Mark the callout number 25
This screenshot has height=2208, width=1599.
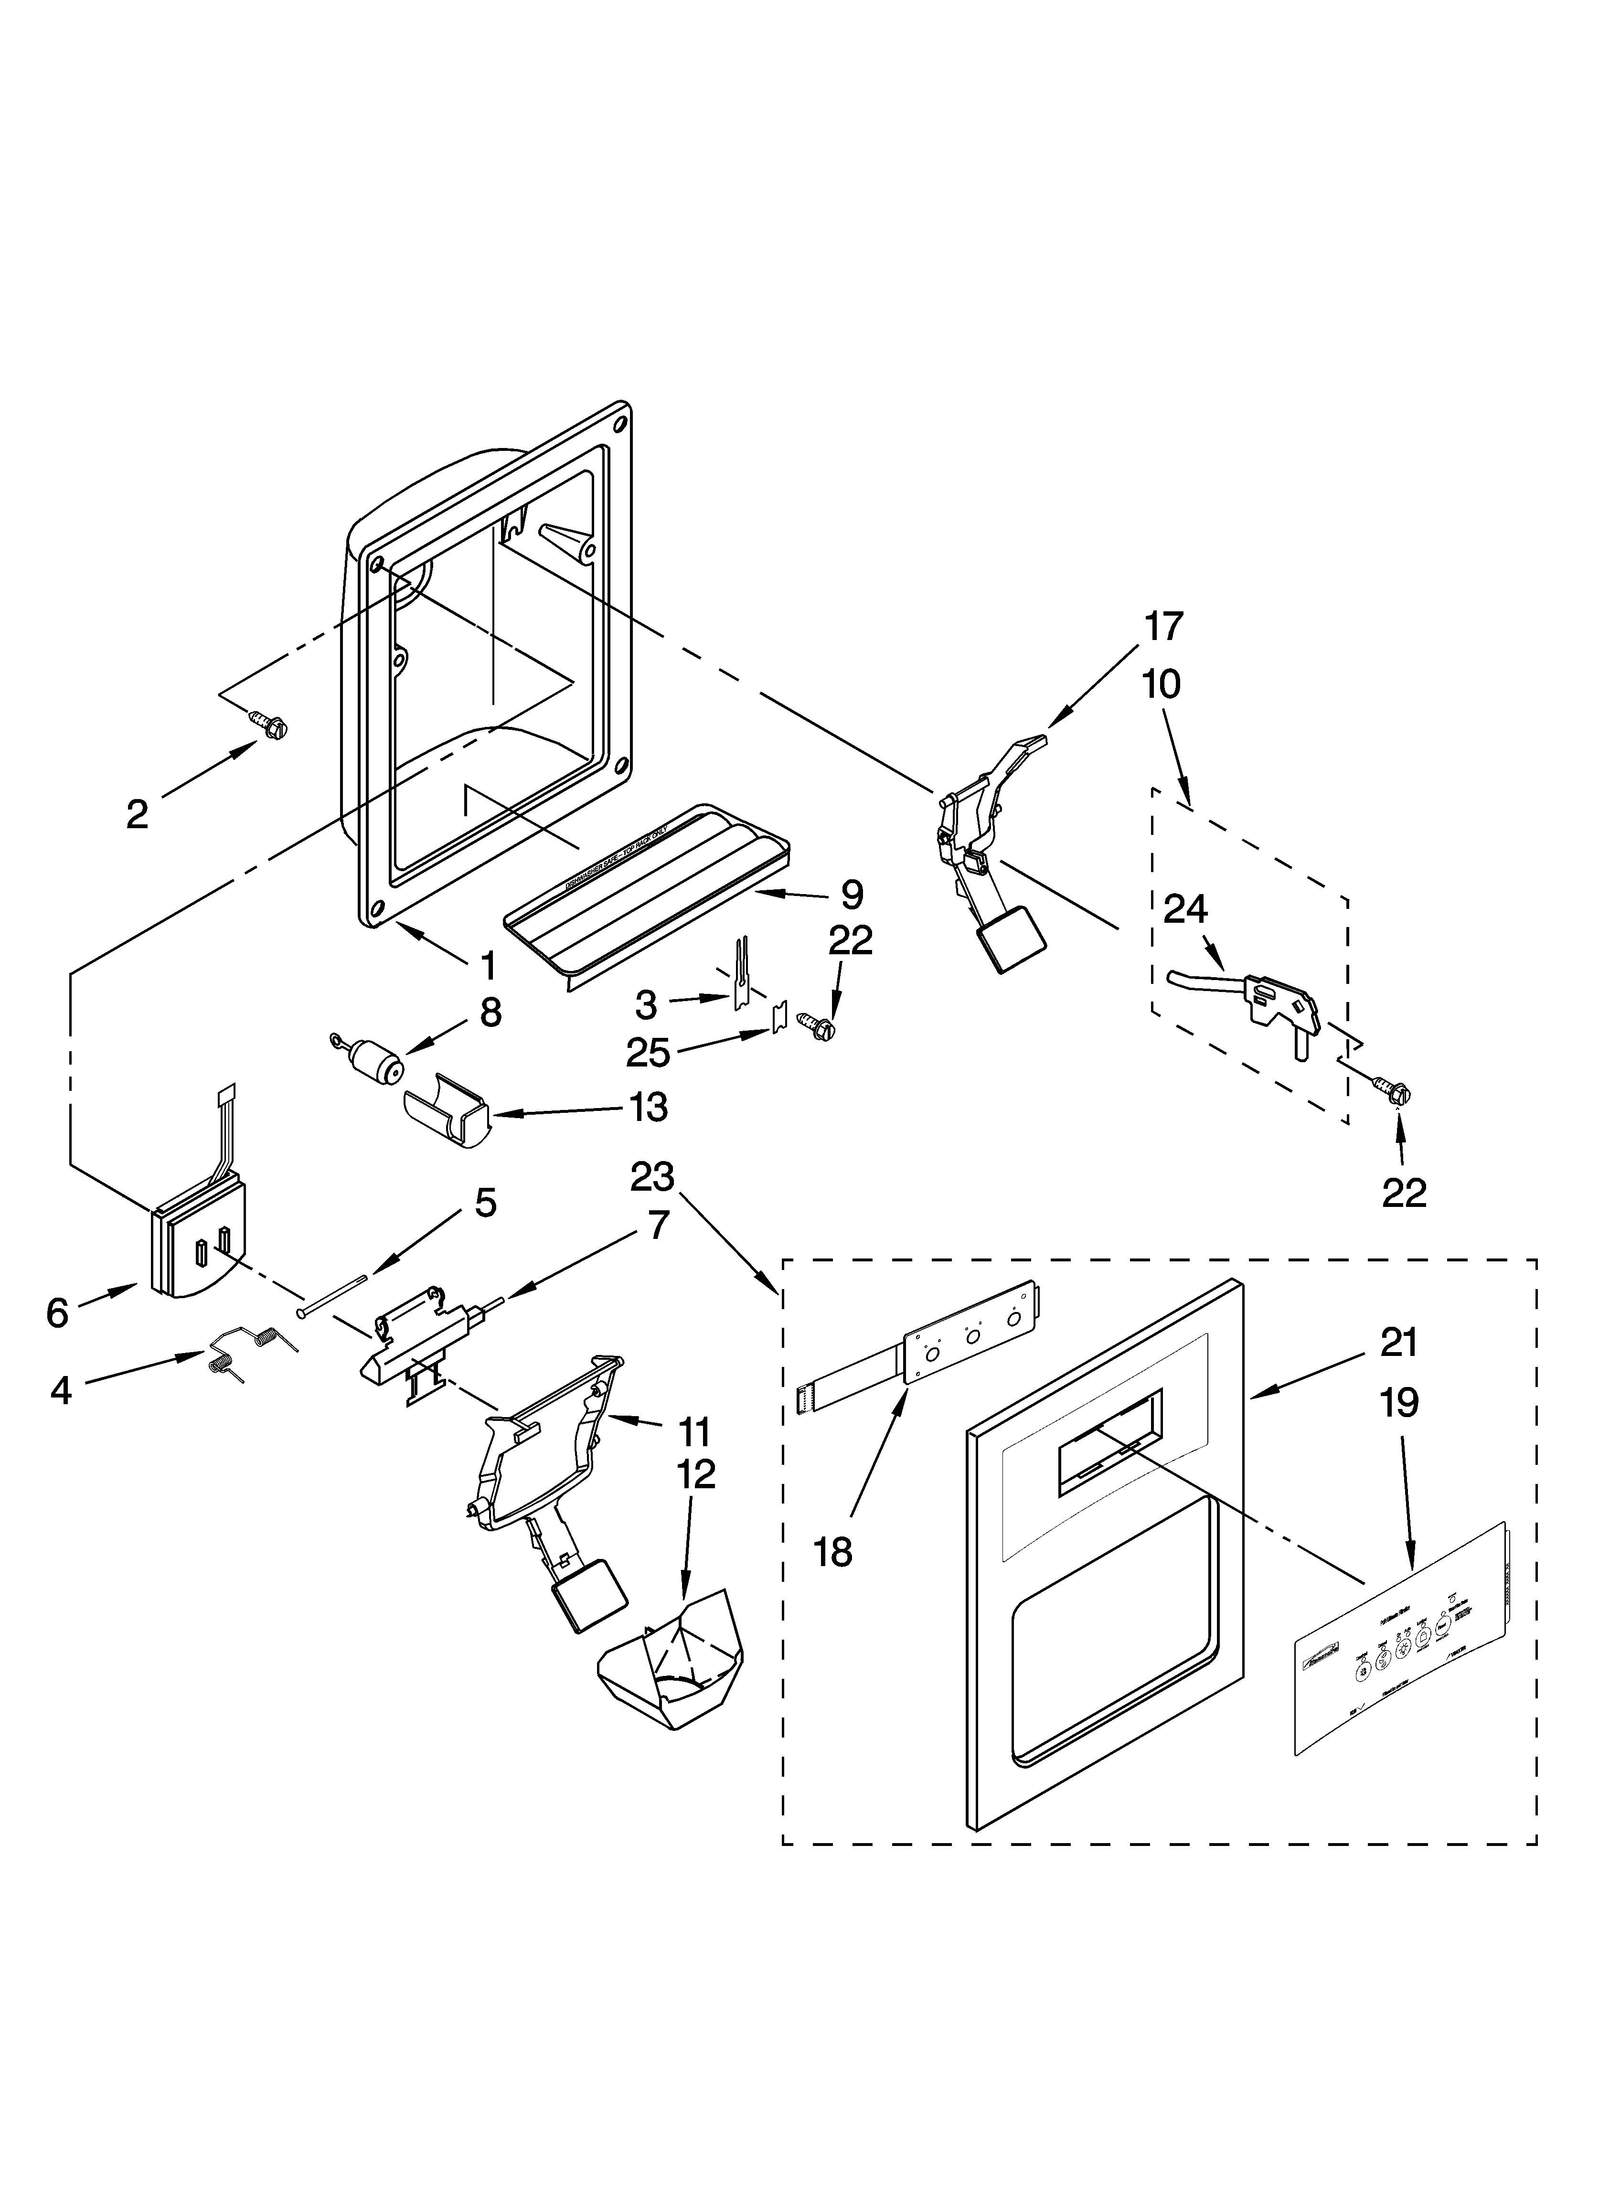[649, 1052]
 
